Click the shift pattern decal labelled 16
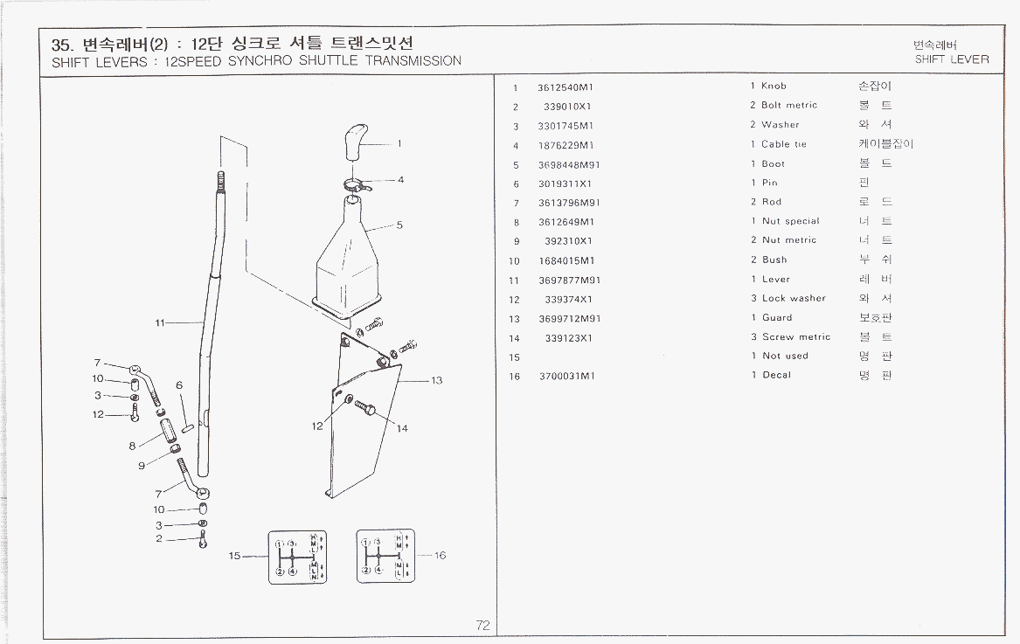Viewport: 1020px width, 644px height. [x=385, y=556]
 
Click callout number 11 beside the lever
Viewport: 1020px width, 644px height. [x=160, y=323]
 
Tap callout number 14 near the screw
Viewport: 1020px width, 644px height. [x=403, y=428]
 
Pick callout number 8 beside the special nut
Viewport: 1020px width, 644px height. [x=132, y=446]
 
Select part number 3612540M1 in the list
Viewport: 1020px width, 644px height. [x=566, y=87]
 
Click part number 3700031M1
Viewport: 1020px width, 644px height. [x=566, y=376]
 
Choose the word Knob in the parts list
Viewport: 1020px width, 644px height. [x=774, y=87]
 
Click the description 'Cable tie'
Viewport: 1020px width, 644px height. [x=783, y=144]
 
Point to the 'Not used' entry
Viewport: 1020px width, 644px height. [x=785, y=357]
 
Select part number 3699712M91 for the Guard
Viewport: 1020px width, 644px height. [x=569, y=318]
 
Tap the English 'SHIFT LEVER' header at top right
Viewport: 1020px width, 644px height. [x=952, y=59]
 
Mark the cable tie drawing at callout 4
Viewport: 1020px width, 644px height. [x=354, y=184]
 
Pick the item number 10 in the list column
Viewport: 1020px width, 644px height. [x=514, y=260]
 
